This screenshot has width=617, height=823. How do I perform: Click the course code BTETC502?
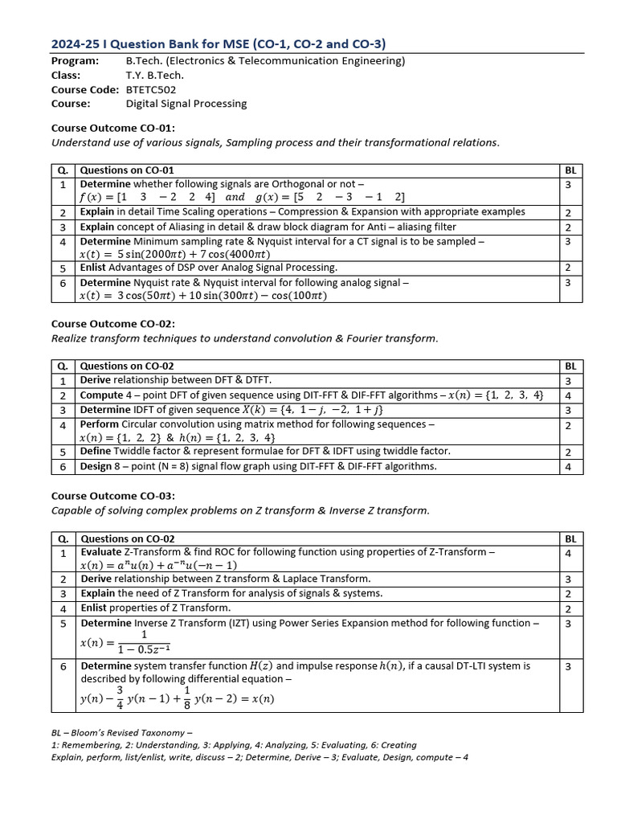(151, 89)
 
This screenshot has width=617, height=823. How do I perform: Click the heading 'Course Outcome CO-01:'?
(113, 128)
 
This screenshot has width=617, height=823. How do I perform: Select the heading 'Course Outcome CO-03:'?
(113, 496)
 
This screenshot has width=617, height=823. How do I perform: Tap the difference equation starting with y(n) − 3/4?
(177, 696)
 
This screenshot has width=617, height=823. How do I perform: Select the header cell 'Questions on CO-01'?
(127, 170)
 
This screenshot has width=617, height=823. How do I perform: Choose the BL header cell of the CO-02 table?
(570, 366)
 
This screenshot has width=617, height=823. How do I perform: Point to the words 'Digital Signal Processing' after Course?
(186, 103)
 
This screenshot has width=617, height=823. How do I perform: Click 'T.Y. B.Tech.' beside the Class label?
(154, 76)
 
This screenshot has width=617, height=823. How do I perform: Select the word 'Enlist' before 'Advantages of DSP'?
(93, 267)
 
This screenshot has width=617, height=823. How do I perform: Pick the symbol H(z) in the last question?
(261, 665)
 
